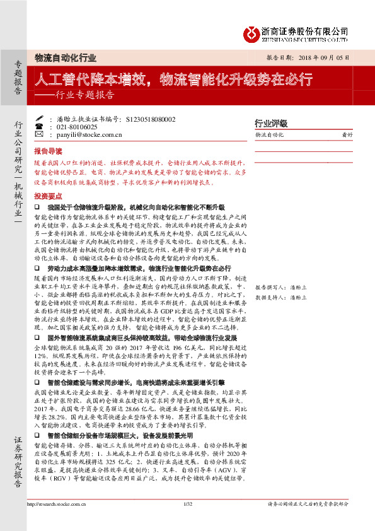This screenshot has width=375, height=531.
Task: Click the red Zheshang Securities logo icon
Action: [252, 32]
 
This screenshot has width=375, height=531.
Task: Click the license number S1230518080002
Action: [151, 118]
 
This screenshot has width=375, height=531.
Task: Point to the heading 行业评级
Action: [270, 123]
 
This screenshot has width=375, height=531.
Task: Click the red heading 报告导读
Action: [48, 151]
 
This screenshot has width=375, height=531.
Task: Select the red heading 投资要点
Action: [48, 196]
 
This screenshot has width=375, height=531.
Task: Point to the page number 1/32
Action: [187, 521]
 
